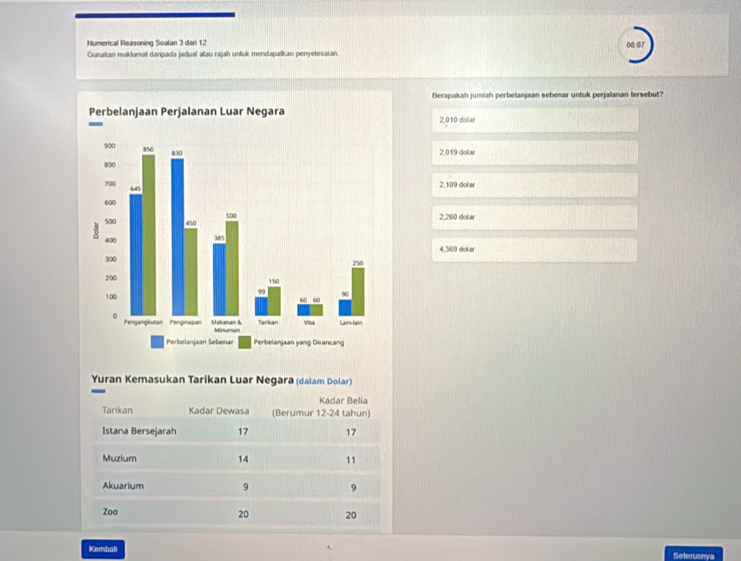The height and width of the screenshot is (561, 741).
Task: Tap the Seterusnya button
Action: [693, 555]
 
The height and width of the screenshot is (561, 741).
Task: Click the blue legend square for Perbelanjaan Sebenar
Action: [157, 342]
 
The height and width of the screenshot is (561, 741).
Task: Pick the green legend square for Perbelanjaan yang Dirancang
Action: [244, 342]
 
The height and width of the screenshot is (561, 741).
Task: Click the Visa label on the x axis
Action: [309, 321]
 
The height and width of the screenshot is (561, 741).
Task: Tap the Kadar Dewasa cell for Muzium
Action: [243, 460]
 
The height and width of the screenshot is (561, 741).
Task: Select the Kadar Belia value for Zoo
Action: [351, 515]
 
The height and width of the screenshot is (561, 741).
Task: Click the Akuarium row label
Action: [123, 486]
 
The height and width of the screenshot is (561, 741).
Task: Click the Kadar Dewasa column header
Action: [218, 410]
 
